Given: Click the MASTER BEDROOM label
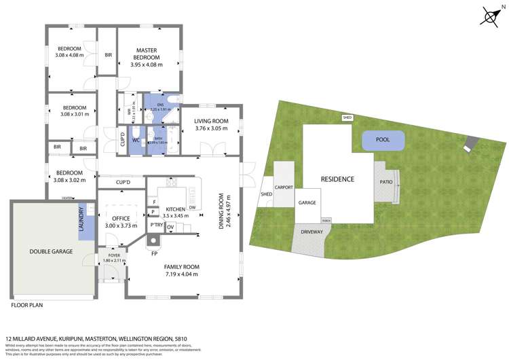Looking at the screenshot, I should coord(147,50).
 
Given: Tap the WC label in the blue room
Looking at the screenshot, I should coord(136,141).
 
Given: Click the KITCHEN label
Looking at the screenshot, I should coord(166,209).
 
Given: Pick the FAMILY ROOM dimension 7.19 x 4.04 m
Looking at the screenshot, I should coord(181,274).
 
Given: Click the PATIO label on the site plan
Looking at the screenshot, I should coord(385,182).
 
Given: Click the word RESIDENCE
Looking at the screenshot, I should coord(337,179).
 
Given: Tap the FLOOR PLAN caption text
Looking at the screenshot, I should coord(27,306).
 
